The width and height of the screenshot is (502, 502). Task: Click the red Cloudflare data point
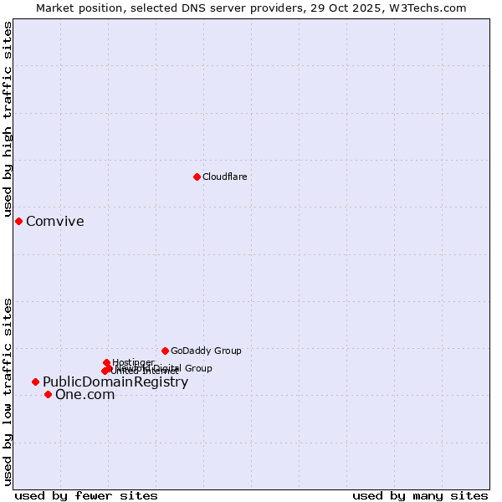[x=197, y=177]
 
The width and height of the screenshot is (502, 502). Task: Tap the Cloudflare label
[x=225, y=177]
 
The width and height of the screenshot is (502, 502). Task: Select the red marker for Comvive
[x=18, y=221]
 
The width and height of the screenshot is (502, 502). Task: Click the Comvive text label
[x=55, y=222]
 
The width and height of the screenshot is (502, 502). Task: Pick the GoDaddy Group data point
[x=165, y=351]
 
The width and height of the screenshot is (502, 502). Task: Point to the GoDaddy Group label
[x=206, y=351]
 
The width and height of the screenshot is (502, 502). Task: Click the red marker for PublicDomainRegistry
[x=35, y=382]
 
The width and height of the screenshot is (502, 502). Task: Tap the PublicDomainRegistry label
[x=115, y=382]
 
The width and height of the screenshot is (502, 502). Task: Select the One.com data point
[x=48, y=394]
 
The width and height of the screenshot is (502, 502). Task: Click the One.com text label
[x=85, y=395]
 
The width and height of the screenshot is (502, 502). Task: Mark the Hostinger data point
[x=106, y=362]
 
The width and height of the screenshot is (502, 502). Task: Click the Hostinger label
[x=133, y=362]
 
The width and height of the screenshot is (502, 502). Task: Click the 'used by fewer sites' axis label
[x=86, y=495]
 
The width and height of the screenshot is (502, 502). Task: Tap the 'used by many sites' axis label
[x=420, y=495]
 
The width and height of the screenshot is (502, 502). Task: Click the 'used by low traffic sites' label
[x=8, y=392]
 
